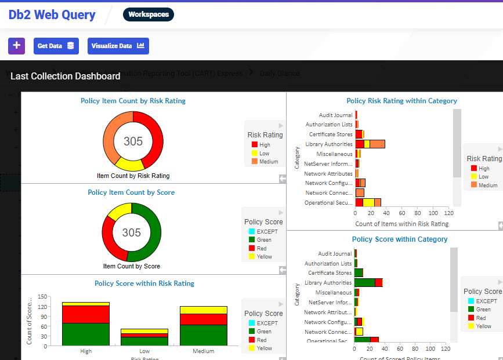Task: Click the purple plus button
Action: [x=16, y=46]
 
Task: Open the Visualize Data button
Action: [x=118, y=46]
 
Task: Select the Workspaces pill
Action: [x=148, y=14]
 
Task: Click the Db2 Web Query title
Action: [x=52, y=15]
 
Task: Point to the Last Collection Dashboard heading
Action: [x=65, y=77]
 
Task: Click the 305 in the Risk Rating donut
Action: [x=133, y=141]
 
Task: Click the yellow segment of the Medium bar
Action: [x=203, y=310]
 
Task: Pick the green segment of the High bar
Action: [x=86, y=334]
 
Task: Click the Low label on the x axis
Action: [x=144, y=351]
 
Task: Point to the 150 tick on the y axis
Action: [x=41, y=297]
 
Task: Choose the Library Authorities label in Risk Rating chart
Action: [x=328, y=144]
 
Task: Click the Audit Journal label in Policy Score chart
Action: [x=335, y=253]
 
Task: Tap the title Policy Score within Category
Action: [x=399, y=239]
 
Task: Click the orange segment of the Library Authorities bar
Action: [x=377, y=144]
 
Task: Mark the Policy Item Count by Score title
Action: [x=131, y=192]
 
